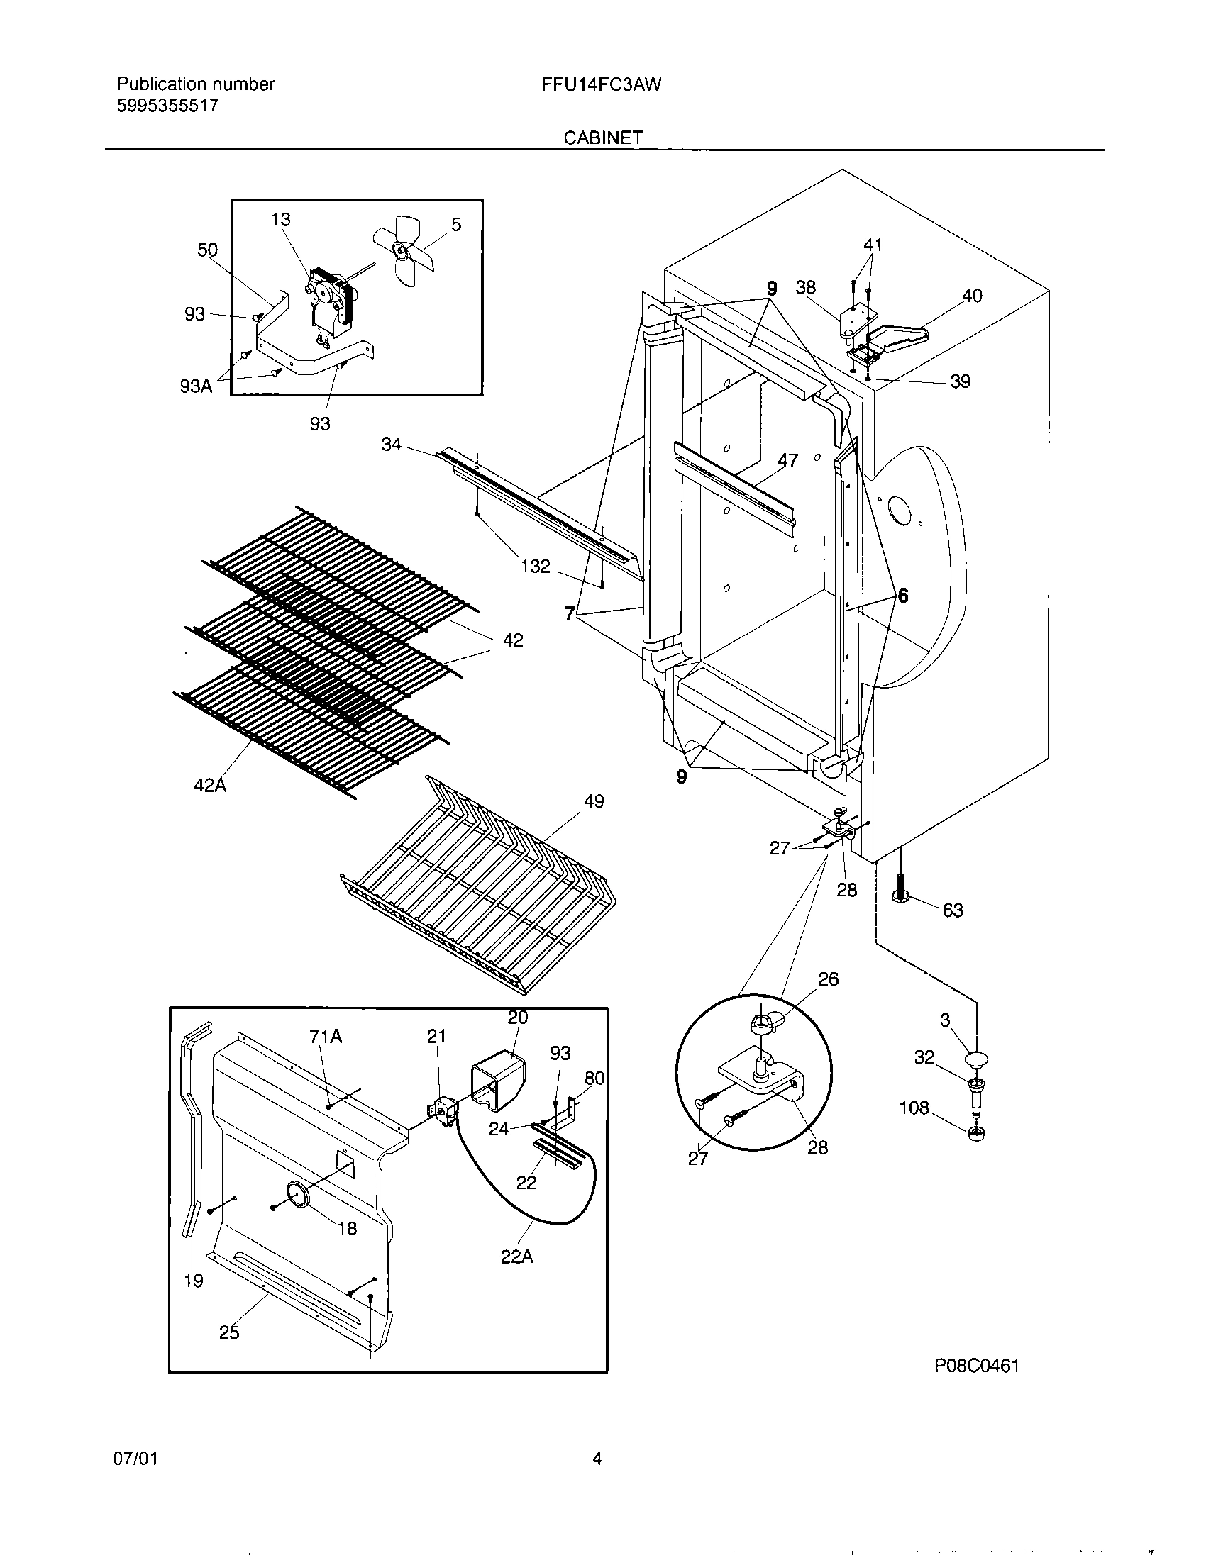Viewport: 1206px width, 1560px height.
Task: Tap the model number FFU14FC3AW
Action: pos(601,84)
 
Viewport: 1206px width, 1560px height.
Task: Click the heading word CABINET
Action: pos(603,138)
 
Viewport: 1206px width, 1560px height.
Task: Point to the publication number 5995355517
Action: pos(167,106)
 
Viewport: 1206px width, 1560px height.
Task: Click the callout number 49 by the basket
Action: pos(594,801)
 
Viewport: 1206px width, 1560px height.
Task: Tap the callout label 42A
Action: pos(210,786)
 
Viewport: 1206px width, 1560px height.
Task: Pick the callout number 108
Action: pos(914,1108)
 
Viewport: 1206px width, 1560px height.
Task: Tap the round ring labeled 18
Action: pos(297,1195)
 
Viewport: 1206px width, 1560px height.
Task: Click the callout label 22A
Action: pos(517,1257)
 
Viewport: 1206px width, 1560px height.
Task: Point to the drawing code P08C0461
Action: pos(977,1366)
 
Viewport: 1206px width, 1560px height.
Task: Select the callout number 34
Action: pos(392,445)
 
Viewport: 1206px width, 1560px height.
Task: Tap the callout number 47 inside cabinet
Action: pos(787,460)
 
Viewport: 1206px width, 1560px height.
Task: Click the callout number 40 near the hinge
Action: pos(973,295)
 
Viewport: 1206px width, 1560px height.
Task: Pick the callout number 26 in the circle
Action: pos(828,979)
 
